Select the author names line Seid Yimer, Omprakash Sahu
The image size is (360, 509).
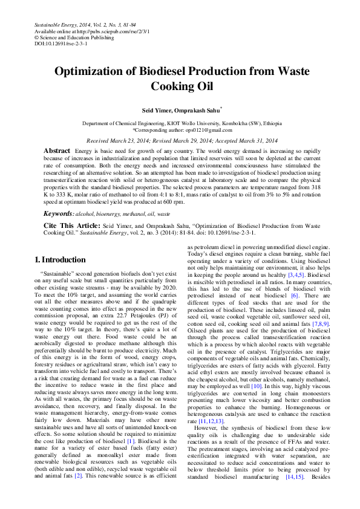point(180,110)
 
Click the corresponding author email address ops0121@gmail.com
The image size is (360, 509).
point(205,130)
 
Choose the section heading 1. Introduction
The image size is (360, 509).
point(60,260)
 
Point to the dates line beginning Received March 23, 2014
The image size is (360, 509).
point(180,140)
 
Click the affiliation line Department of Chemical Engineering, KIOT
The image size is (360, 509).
point(180,123)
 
